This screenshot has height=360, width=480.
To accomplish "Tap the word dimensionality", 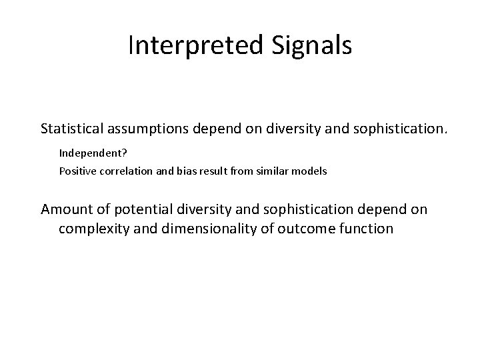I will click(198, 229).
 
